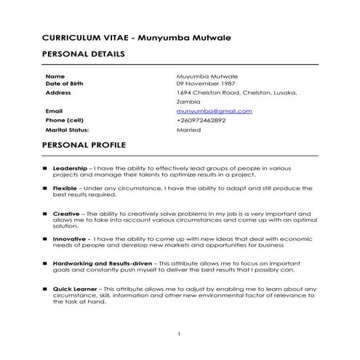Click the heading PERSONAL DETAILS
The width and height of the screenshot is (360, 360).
tap(84, 55)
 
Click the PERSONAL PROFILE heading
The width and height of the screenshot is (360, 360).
tap(84, 145)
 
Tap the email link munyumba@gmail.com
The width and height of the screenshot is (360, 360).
tap(214, 111)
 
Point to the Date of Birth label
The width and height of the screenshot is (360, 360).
tap(64, 84)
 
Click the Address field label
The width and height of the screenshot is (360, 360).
tap(58, 93)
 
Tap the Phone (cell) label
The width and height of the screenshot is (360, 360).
tap(65, 120)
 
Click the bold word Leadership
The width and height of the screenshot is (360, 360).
tap(70, 168)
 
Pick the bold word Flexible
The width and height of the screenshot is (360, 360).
tap(65, 188)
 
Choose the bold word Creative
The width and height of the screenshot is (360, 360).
tap(66, 214)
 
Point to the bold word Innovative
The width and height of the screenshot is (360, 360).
tap(70, 238)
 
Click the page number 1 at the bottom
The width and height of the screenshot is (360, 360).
tap(179, 334)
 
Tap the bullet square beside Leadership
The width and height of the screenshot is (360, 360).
tap(45, 169)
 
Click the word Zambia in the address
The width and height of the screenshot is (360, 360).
tap(188, 103)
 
